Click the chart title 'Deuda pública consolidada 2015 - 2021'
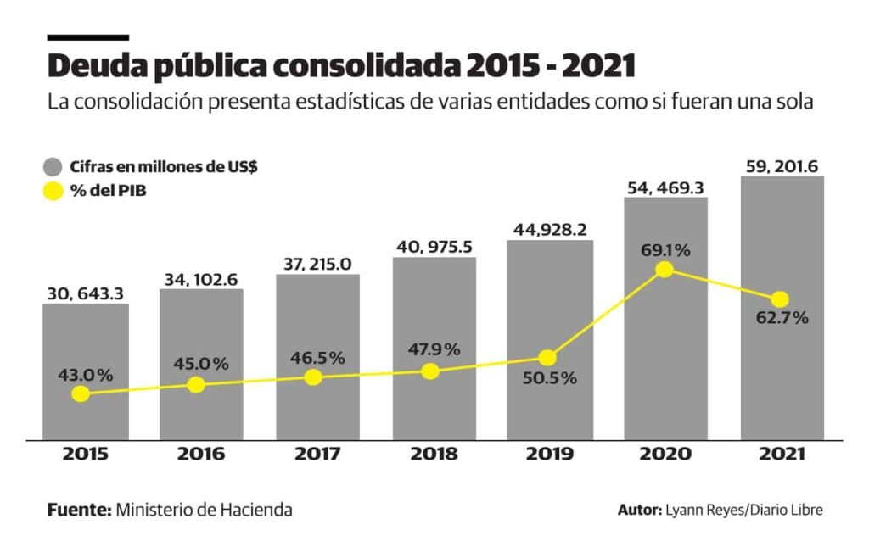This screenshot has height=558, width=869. (341, 66)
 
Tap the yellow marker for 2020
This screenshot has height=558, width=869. (664, 269)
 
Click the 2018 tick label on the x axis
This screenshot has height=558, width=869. (434, 454)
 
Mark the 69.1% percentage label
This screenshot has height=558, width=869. (664, 250)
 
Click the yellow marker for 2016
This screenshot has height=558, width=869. (196, 384)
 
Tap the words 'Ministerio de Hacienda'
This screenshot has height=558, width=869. (204, 510)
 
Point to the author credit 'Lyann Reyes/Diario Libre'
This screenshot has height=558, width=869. (744, 510)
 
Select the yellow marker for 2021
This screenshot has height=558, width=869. (780, 299)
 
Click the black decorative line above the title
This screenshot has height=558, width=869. (88, 37)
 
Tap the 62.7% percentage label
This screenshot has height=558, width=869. (780, 319)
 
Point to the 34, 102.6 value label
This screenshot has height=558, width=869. (200, 278)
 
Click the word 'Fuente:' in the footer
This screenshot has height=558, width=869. (79, 510)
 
